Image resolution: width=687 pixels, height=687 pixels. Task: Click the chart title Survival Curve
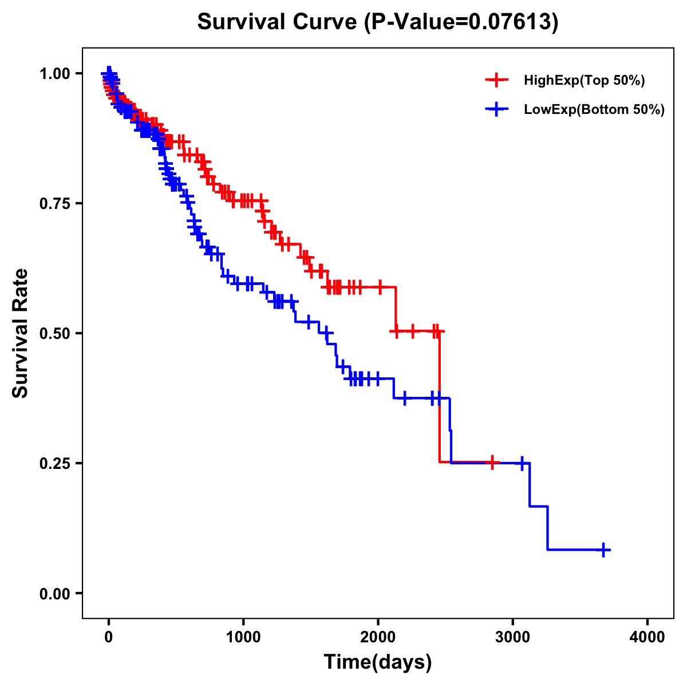279,22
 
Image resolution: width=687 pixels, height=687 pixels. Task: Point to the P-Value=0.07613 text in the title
462,22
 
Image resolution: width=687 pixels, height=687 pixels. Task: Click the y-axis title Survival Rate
21,333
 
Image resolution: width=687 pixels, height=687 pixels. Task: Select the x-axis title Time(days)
377,662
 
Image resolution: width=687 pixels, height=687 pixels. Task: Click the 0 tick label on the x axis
109,637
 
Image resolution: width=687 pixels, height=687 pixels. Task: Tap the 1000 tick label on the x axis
243,637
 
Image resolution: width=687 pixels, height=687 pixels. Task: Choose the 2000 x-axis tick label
378,637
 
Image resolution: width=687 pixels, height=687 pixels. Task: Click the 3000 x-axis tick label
512,637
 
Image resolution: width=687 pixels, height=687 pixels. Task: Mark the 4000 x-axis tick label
647,637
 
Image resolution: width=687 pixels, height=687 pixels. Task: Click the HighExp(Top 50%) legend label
584,81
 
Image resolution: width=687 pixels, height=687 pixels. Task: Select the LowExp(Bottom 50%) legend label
594,110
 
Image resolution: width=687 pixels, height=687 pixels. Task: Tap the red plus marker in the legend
496,80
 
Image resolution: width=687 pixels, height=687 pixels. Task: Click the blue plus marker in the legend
496,109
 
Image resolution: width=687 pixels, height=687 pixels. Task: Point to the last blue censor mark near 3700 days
603,550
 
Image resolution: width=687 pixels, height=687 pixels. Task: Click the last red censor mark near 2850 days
492,462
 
